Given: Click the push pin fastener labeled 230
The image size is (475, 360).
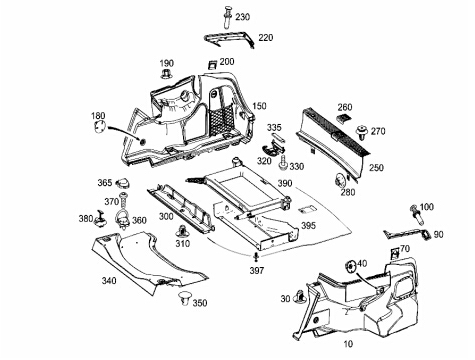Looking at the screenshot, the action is pos(228,17).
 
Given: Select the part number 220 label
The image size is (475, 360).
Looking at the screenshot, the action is pos(265,37).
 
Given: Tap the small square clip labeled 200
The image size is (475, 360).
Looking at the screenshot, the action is pos(212,65).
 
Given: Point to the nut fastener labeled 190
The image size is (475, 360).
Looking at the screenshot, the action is pos(166,74).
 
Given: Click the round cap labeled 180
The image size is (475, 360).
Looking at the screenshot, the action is pos(99,127).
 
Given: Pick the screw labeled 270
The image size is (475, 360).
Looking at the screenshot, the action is pos(361,133).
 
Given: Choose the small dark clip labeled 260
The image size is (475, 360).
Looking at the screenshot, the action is pos(344,118).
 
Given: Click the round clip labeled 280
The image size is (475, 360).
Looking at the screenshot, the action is pos(340,180).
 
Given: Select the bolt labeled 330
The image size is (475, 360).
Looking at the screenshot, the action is pos(284,162).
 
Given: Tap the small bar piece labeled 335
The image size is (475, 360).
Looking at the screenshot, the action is pos(279,138).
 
